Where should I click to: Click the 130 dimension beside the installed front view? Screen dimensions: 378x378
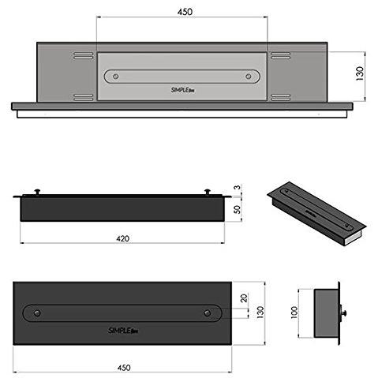361,72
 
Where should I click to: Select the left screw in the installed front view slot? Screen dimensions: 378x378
117,77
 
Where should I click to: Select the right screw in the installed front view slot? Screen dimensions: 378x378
251,77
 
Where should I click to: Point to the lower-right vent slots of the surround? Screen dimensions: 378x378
281,97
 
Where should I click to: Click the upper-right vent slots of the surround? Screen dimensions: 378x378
281,56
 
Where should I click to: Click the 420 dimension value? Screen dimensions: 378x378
122,238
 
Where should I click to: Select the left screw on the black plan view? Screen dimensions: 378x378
36,313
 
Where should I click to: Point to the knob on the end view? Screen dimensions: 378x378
344,313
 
